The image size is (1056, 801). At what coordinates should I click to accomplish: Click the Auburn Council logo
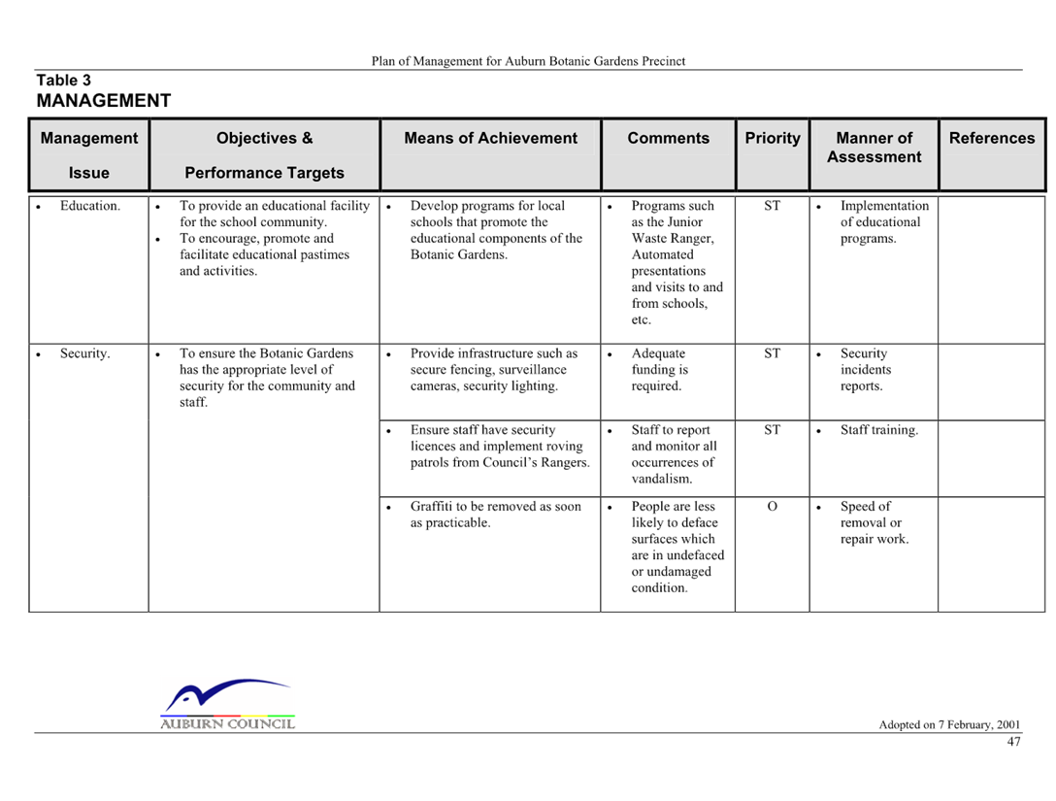[228, 704]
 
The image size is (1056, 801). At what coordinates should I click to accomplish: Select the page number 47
[1013, 742]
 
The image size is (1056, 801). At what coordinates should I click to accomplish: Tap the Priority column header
[773, 138]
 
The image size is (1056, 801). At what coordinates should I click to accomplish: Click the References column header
[992, 138]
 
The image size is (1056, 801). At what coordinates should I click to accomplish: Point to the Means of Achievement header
[490, 138]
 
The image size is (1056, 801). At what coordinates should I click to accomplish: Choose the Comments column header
[668, 138]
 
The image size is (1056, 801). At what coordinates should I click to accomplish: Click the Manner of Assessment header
[874, 148]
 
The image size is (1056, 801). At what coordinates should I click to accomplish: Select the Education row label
[90, 206]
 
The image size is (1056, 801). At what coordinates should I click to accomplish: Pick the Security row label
[84, 353]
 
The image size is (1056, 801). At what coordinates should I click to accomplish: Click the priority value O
[773, 506]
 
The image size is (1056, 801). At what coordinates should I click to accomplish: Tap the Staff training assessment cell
[879, 430]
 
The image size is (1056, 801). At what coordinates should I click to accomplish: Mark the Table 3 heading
[63, 81]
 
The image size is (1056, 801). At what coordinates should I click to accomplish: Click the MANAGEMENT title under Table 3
[104, 101]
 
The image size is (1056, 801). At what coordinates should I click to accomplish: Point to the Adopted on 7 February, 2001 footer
[949, 725]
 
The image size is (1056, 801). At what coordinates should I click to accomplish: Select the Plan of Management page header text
[528, 61]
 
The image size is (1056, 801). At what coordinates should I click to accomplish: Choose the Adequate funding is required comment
[659, 369]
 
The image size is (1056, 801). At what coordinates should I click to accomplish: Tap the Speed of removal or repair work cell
[874, 522]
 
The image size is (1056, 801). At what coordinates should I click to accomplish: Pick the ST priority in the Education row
[773, 206]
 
